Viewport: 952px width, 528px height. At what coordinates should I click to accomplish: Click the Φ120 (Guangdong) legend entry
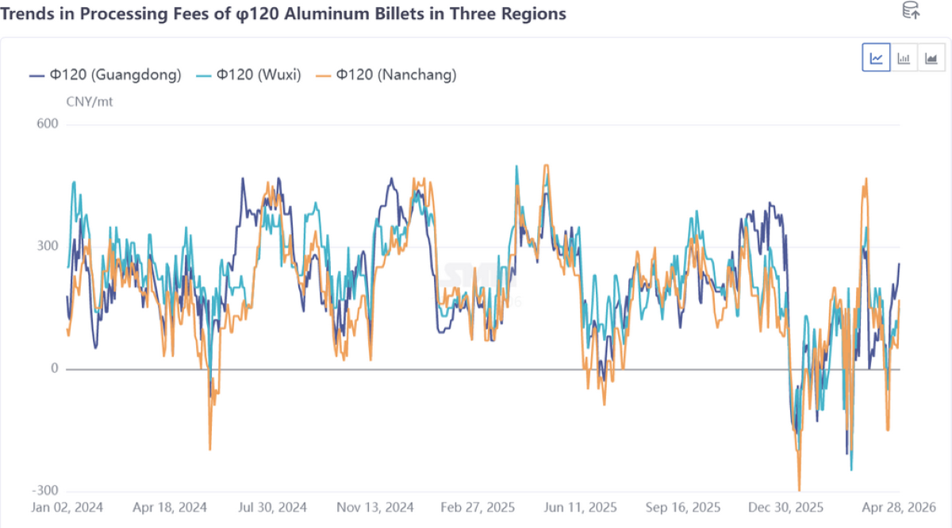(x=106, y=75)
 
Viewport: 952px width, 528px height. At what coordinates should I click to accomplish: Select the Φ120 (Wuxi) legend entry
(x=248, y=75)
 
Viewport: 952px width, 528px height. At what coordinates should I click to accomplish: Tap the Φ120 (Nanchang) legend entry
(x=386, y=75)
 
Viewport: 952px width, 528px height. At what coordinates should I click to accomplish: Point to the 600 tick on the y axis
(x=48, y=124)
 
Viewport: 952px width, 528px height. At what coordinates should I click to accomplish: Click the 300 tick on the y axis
(x=48, y=246)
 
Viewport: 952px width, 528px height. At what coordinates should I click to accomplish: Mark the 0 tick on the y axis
(x=54, y=369)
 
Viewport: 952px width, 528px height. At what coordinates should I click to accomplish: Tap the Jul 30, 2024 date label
(x=272, y=507)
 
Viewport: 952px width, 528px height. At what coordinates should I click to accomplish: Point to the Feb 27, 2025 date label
(x=478, y=507)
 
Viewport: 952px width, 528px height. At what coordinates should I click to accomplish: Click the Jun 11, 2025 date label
(x=580, y=507)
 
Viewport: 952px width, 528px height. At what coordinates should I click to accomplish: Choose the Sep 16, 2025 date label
(x=683, y=507)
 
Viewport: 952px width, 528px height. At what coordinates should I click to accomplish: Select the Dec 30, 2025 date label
(x=785, y=507)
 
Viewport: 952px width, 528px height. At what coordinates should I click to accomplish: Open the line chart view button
(x=876, y=58)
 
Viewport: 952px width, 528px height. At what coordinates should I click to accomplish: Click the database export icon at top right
(x=911, y=11)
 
